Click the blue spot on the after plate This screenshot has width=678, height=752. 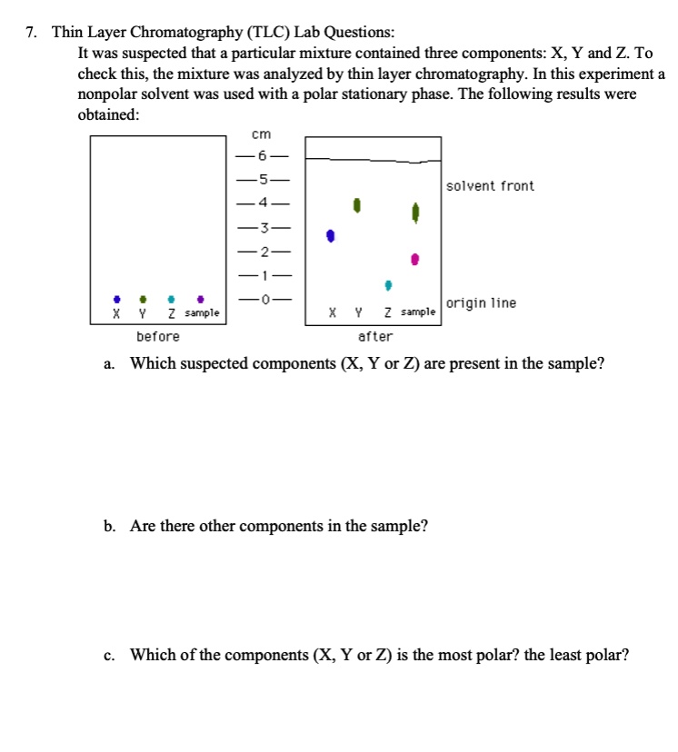coord(332,236)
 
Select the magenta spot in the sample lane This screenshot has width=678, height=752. coord(415,260)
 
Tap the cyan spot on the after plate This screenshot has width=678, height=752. coord(388,285)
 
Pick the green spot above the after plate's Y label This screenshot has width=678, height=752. coord(358,206)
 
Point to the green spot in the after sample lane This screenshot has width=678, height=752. coord(415,213)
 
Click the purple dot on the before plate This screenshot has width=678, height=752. coord(200,298)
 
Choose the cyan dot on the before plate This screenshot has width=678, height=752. coord(171,298)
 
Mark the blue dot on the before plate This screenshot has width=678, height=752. coord(116,298)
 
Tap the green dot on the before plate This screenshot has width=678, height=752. coord(143,298)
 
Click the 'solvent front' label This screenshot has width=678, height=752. coord(490,186)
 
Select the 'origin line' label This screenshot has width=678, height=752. coord(481,302)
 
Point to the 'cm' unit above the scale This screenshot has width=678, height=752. coord(261,134)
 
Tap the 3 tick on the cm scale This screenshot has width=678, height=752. coord(261,226)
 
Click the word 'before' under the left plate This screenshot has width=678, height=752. coord(158,336)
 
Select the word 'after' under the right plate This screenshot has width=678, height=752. coord(375,336)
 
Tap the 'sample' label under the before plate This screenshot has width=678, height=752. coord(202,313)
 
